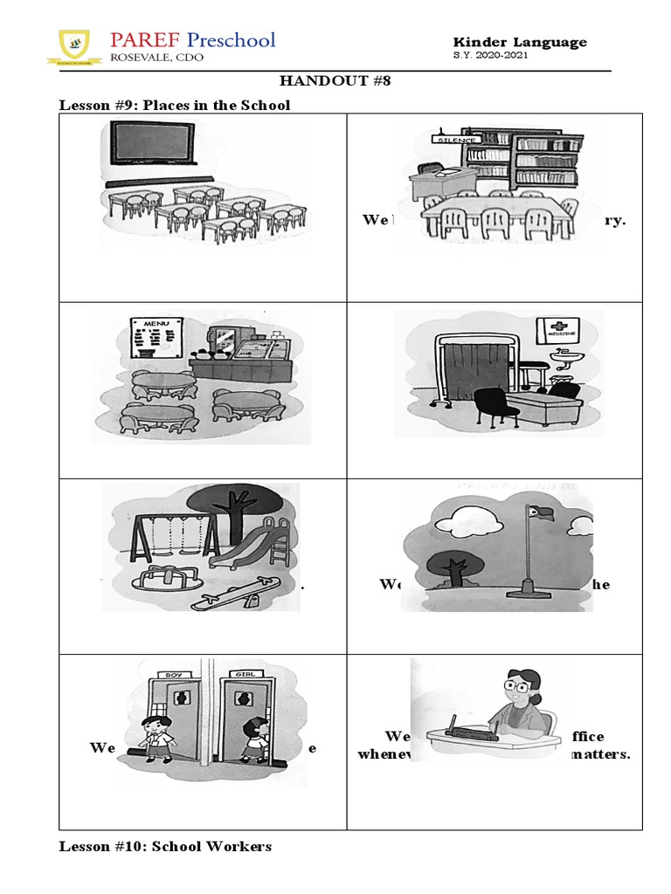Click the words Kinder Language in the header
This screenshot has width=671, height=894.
coord(520,42)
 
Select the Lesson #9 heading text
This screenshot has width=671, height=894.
coord(174,105)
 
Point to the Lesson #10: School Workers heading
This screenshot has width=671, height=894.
coord(165,846)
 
